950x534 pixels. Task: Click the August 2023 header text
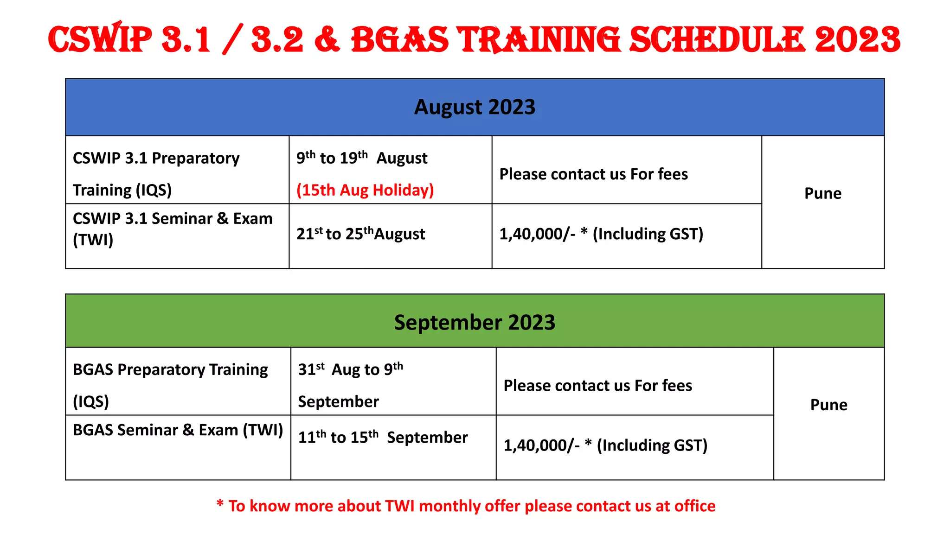[x=475, y=107]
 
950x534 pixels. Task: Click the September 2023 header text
[x=475, y=322]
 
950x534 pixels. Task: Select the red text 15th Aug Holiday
[x=365, y=190]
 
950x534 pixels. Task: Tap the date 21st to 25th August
[x=360, y=234]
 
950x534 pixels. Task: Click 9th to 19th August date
[x=362, y=158]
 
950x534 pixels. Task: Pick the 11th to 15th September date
[x=383, y=437]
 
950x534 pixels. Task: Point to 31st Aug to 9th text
[x=350, y=369]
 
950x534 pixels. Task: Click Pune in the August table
[x=822, y=193]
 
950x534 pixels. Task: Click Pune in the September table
[x=828, y=405]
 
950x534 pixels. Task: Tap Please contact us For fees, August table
[x=593, y=174]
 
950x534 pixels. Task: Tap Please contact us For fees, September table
[x=597, y=386]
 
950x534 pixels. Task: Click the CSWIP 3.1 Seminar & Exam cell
[x=173, y=219]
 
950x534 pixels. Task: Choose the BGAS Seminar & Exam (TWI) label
[x=178, y=430]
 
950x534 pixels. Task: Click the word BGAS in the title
[x=400, y=40]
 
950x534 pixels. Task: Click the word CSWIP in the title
[x=100, y=40]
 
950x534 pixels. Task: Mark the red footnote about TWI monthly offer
[x=466, y=506]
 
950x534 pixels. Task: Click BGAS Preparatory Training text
[x=170, y=370]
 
